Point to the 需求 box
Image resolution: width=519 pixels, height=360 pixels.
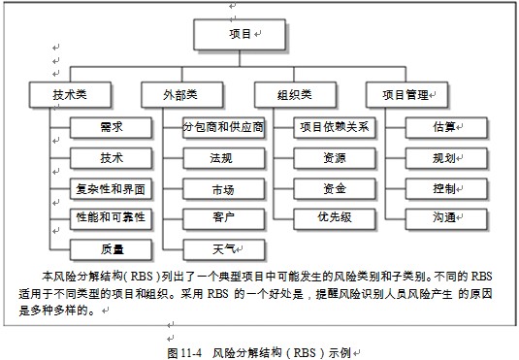111,127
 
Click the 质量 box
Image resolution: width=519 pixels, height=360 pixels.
111,247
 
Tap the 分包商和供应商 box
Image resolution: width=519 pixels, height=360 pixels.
223,127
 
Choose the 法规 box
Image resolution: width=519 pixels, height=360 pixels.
221,157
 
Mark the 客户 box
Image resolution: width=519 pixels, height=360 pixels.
221,216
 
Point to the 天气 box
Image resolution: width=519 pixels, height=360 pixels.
222,247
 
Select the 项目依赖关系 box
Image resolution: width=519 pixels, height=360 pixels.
334,127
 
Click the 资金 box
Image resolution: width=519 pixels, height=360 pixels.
334,187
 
